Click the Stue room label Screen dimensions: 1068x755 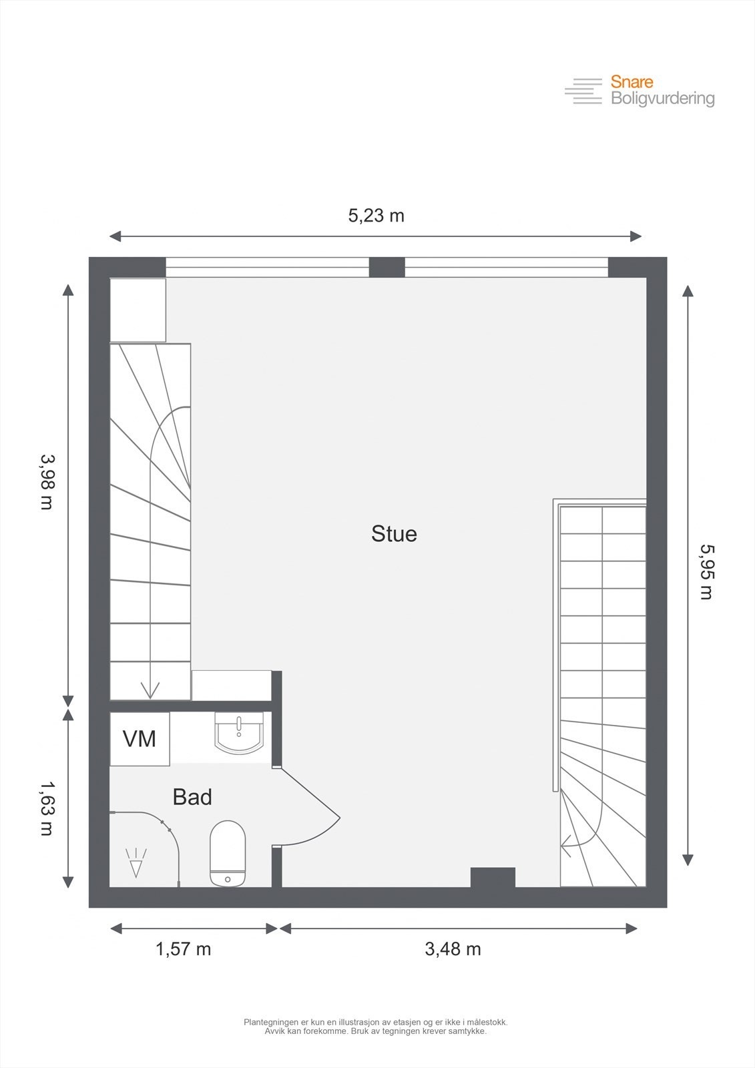point(394,534)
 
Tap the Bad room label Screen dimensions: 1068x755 point(192,797)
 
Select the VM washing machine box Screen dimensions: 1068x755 point(140,739)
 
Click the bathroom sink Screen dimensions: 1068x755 point(239,734)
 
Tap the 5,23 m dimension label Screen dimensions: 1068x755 point(376,216)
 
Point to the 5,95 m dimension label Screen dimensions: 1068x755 point(706,572)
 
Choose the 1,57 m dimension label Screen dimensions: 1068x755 point(184,949)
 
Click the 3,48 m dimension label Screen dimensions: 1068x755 point(453,949)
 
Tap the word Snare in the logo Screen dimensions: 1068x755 point(632,82)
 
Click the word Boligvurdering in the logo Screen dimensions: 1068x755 point(662,99)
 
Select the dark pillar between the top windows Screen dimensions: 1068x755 point(387,267)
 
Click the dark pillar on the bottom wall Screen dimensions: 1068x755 point(493,877)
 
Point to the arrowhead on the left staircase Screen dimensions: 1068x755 point(150,691)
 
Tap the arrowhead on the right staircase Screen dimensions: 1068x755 point(567,846)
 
